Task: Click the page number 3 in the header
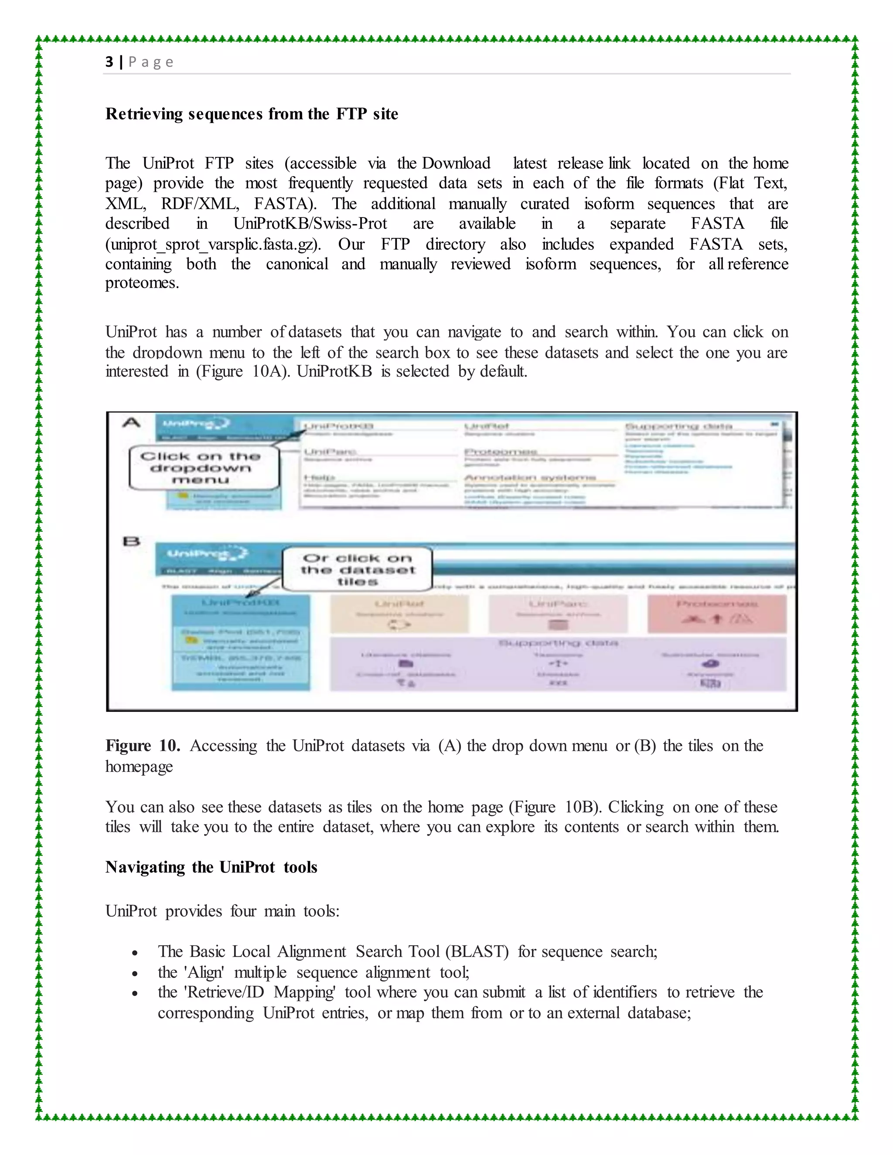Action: point(109,62)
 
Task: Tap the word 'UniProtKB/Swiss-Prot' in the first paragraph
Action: point(310,224)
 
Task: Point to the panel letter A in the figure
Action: point(131,422)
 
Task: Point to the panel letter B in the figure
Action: point(131,541)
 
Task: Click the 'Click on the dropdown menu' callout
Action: point(204,468)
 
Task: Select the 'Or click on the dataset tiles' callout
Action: point(357,570)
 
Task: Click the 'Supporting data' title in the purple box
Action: point(558,643)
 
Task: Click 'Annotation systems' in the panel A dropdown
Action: point(529,478)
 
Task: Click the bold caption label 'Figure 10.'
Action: point(143,746)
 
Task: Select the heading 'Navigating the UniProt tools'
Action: point(211,867)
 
